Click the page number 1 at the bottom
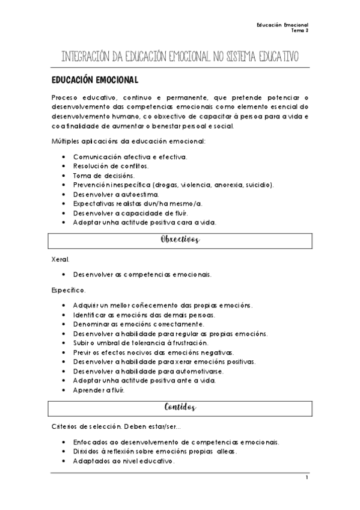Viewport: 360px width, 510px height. coord(307,478)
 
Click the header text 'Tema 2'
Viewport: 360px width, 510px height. coord(299,29)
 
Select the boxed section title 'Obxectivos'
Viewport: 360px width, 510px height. coord(180,240)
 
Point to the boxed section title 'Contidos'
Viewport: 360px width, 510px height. coord(180,407)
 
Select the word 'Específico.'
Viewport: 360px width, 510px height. coord(69,290)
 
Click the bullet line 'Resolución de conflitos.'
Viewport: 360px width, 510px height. coord(111,165)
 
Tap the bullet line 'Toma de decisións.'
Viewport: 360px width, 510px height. coord(103,175)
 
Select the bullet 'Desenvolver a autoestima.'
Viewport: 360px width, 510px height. coord(116,194)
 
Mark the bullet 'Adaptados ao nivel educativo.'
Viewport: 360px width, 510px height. coord(124,461)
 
